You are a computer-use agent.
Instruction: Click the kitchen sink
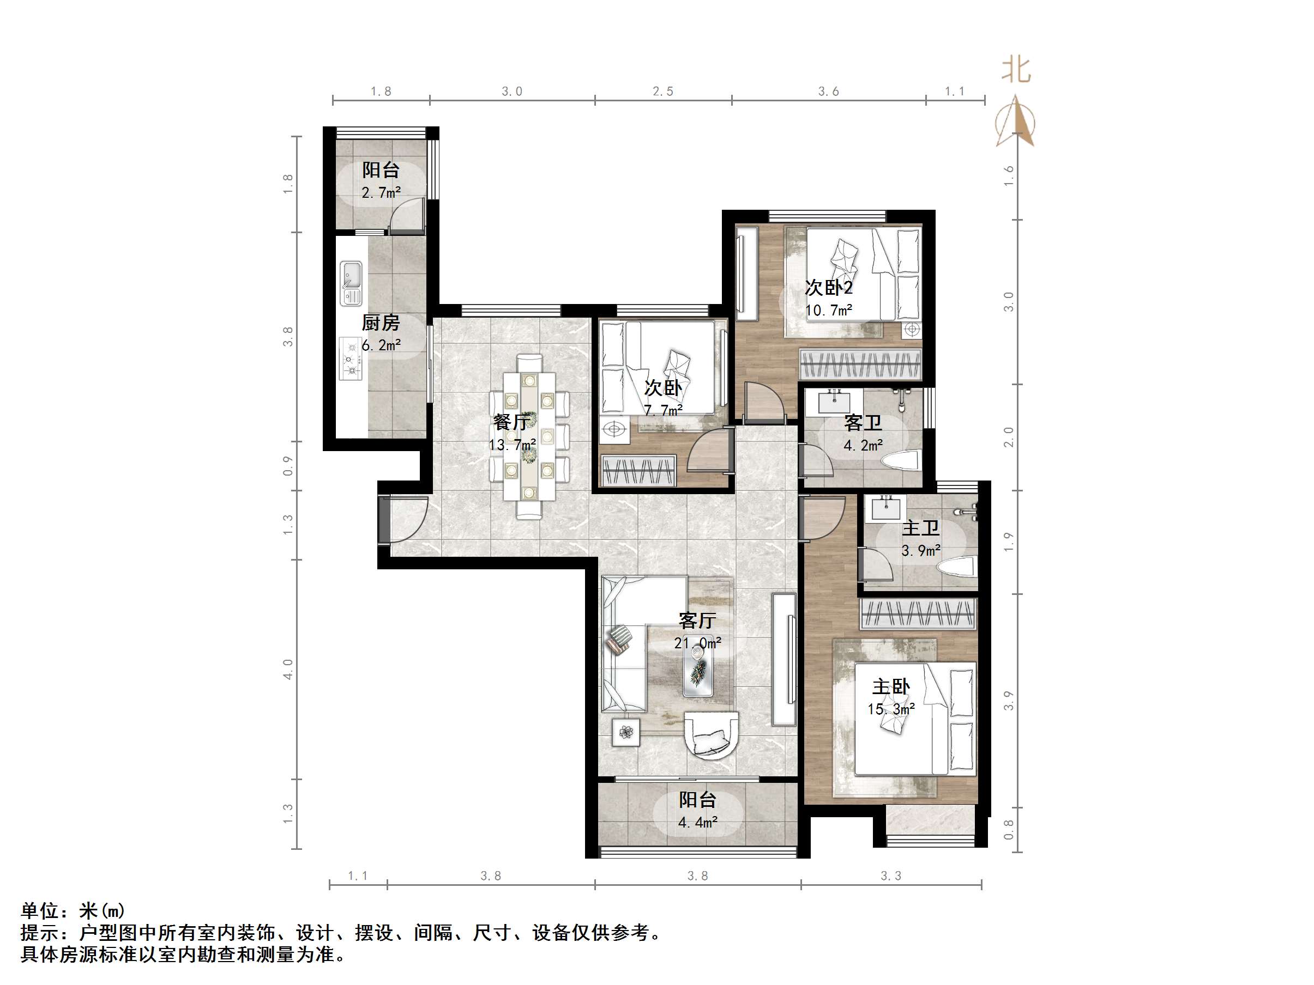[x=351, y=283]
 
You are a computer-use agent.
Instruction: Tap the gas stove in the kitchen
[x=351, y=358]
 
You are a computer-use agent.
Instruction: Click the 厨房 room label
[x=381, y=323]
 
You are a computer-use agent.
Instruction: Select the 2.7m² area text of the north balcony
[x=381, y=193]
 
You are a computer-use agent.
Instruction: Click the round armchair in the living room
[x=712, y=736]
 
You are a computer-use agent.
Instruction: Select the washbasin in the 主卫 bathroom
[x=885, y=508]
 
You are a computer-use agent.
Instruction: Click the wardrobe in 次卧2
[x=860, y=364]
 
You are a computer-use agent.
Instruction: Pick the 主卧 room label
[x=890, y=687]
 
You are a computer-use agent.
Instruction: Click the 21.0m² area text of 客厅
[x=697, y=643]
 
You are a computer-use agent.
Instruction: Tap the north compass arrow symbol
[x=1016, y=121]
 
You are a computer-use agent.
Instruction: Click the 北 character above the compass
[x=1016, y=70]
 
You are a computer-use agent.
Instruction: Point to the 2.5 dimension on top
[x=663, y=92]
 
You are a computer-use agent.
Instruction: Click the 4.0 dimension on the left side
[x=288, y=669]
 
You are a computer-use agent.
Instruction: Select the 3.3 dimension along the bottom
[x=890, y=875]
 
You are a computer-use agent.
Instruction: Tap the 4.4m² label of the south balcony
[x=697, y=822]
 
